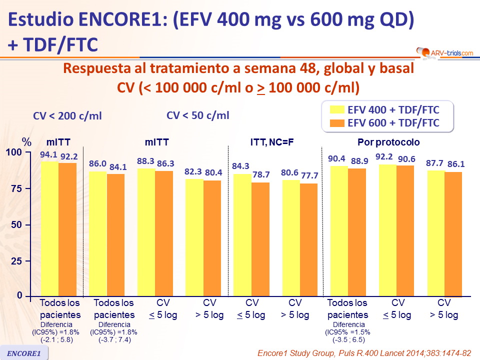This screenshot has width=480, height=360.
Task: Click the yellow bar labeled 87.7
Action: click(435, 232)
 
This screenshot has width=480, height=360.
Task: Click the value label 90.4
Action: click(336, 158)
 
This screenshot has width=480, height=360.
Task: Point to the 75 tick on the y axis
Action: click(17, 188)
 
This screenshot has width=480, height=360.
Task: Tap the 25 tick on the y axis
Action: click(17, 261)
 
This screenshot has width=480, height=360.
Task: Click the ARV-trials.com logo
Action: click(443, 51)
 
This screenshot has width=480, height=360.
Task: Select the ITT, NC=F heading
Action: click(272, 142)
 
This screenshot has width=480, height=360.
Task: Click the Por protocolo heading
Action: click(388, 142)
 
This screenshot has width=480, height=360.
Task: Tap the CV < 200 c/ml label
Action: click(67, 116)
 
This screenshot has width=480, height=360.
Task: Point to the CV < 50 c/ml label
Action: click(198, 115)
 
